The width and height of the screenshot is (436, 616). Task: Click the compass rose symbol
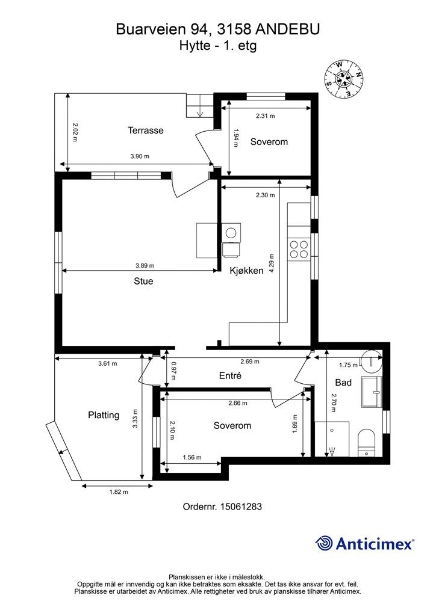[x=344, y=79]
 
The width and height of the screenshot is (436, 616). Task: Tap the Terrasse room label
[x=146, y=131]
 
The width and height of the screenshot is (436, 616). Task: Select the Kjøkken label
[x=246, y=271]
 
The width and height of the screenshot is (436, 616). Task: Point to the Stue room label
[x=143, y=282]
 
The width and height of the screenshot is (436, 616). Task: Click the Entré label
[x=230, y=375]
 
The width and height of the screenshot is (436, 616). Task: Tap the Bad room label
[x=343, y=383]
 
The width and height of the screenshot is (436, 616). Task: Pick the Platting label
[x=104, y=415]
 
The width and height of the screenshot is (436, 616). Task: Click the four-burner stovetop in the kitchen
[x=299, y=250]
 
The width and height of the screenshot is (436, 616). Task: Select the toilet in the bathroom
[x=367, y=443]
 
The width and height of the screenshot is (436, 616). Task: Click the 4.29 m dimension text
[x=272, y=264]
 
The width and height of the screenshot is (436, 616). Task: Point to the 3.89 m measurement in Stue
[x=145, y=265]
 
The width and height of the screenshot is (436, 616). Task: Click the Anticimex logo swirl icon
[x=324, y=543]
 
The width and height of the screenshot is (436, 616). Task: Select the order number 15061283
[x=240, y=507]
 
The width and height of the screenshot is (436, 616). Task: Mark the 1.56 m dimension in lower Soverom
[x=192, y=457]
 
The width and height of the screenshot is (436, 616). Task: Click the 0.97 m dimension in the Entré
[x=174, y=371]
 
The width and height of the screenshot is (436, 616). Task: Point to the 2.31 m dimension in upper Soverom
[x=266, y=116]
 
